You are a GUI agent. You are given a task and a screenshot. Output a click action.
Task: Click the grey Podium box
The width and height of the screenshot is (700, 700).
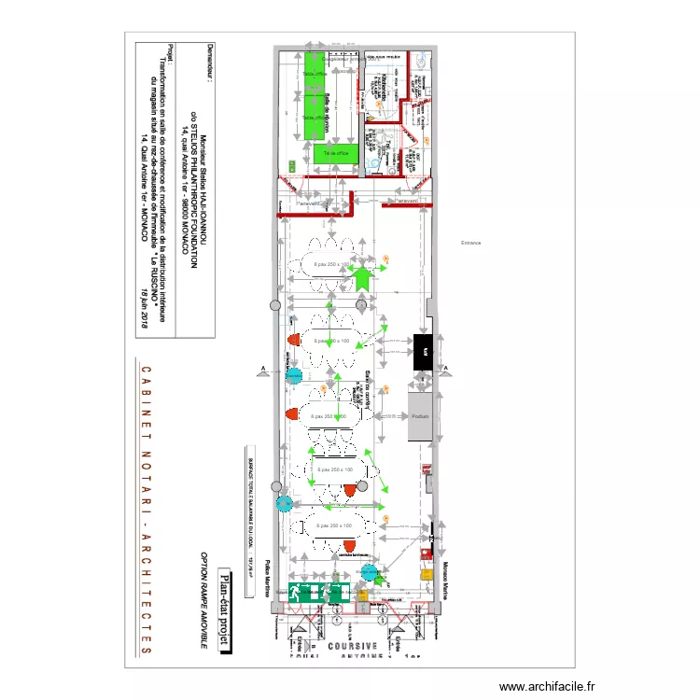coord(419,415)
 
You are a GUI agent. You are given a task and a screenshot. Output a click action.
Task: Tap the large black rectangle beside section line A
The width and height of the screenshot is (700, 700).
coord(422,351)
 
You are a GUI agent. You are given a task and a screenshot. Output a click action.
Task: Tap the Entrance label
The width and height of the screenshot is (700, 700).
coord(470,243)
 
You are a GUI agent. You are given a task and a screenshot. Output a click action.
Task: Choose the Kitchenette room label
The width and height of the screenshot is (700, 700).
coord(385,89)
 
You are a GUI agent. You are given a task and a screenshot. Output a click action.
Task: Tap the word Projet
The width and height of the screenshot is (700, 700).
coord(169,54)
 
